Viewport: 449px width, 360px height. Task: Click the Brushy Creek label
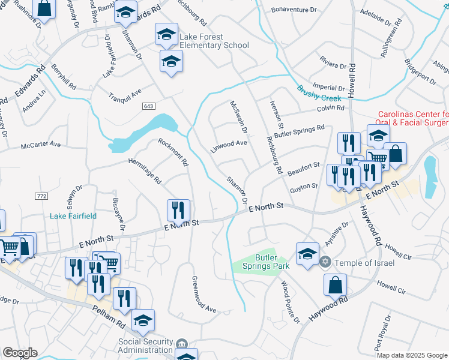318,94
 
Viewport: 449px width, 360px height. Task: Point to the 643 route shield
149,106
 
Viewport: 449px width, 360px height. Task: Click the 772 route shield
41,196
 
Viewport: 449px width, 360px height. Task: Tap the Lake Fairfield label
73,216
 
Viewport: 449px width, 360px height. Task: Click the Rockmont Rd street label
173,152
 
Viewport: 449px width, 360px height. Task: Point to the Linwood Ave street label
229,145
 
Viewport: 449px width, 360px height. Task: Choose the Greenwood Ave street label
203,295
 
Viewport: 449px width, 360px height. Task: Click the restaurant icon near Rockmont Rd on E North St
178,211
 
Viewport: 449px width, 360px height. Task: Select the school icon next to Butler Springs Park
307,253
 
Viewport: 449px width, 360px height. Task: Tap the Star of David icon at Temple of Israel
325,262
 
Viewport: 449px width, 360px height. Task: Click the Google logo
19,353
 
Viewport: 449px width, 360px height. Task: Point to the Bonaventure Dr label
294,10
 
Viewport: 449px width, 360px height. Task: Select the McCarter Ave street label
41,145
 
